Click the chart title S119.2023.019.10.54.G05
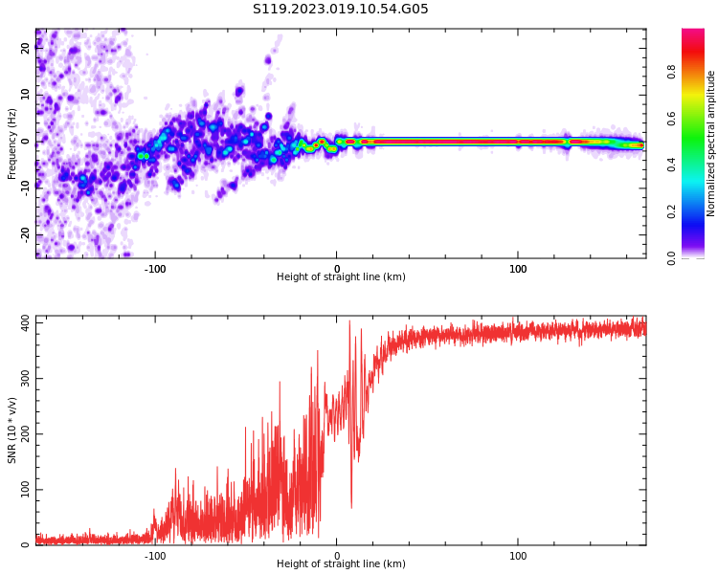[341, 10]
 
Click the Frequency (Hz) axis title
[12, 143]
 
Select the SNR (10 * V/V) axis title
[12, 430]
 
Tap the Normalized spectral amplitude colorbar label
[711, 143]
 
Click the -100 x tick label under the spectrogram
[155, 268]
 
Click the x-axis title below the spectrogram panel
[341, 277]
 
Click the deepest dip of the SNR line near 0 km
[351, 508]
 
